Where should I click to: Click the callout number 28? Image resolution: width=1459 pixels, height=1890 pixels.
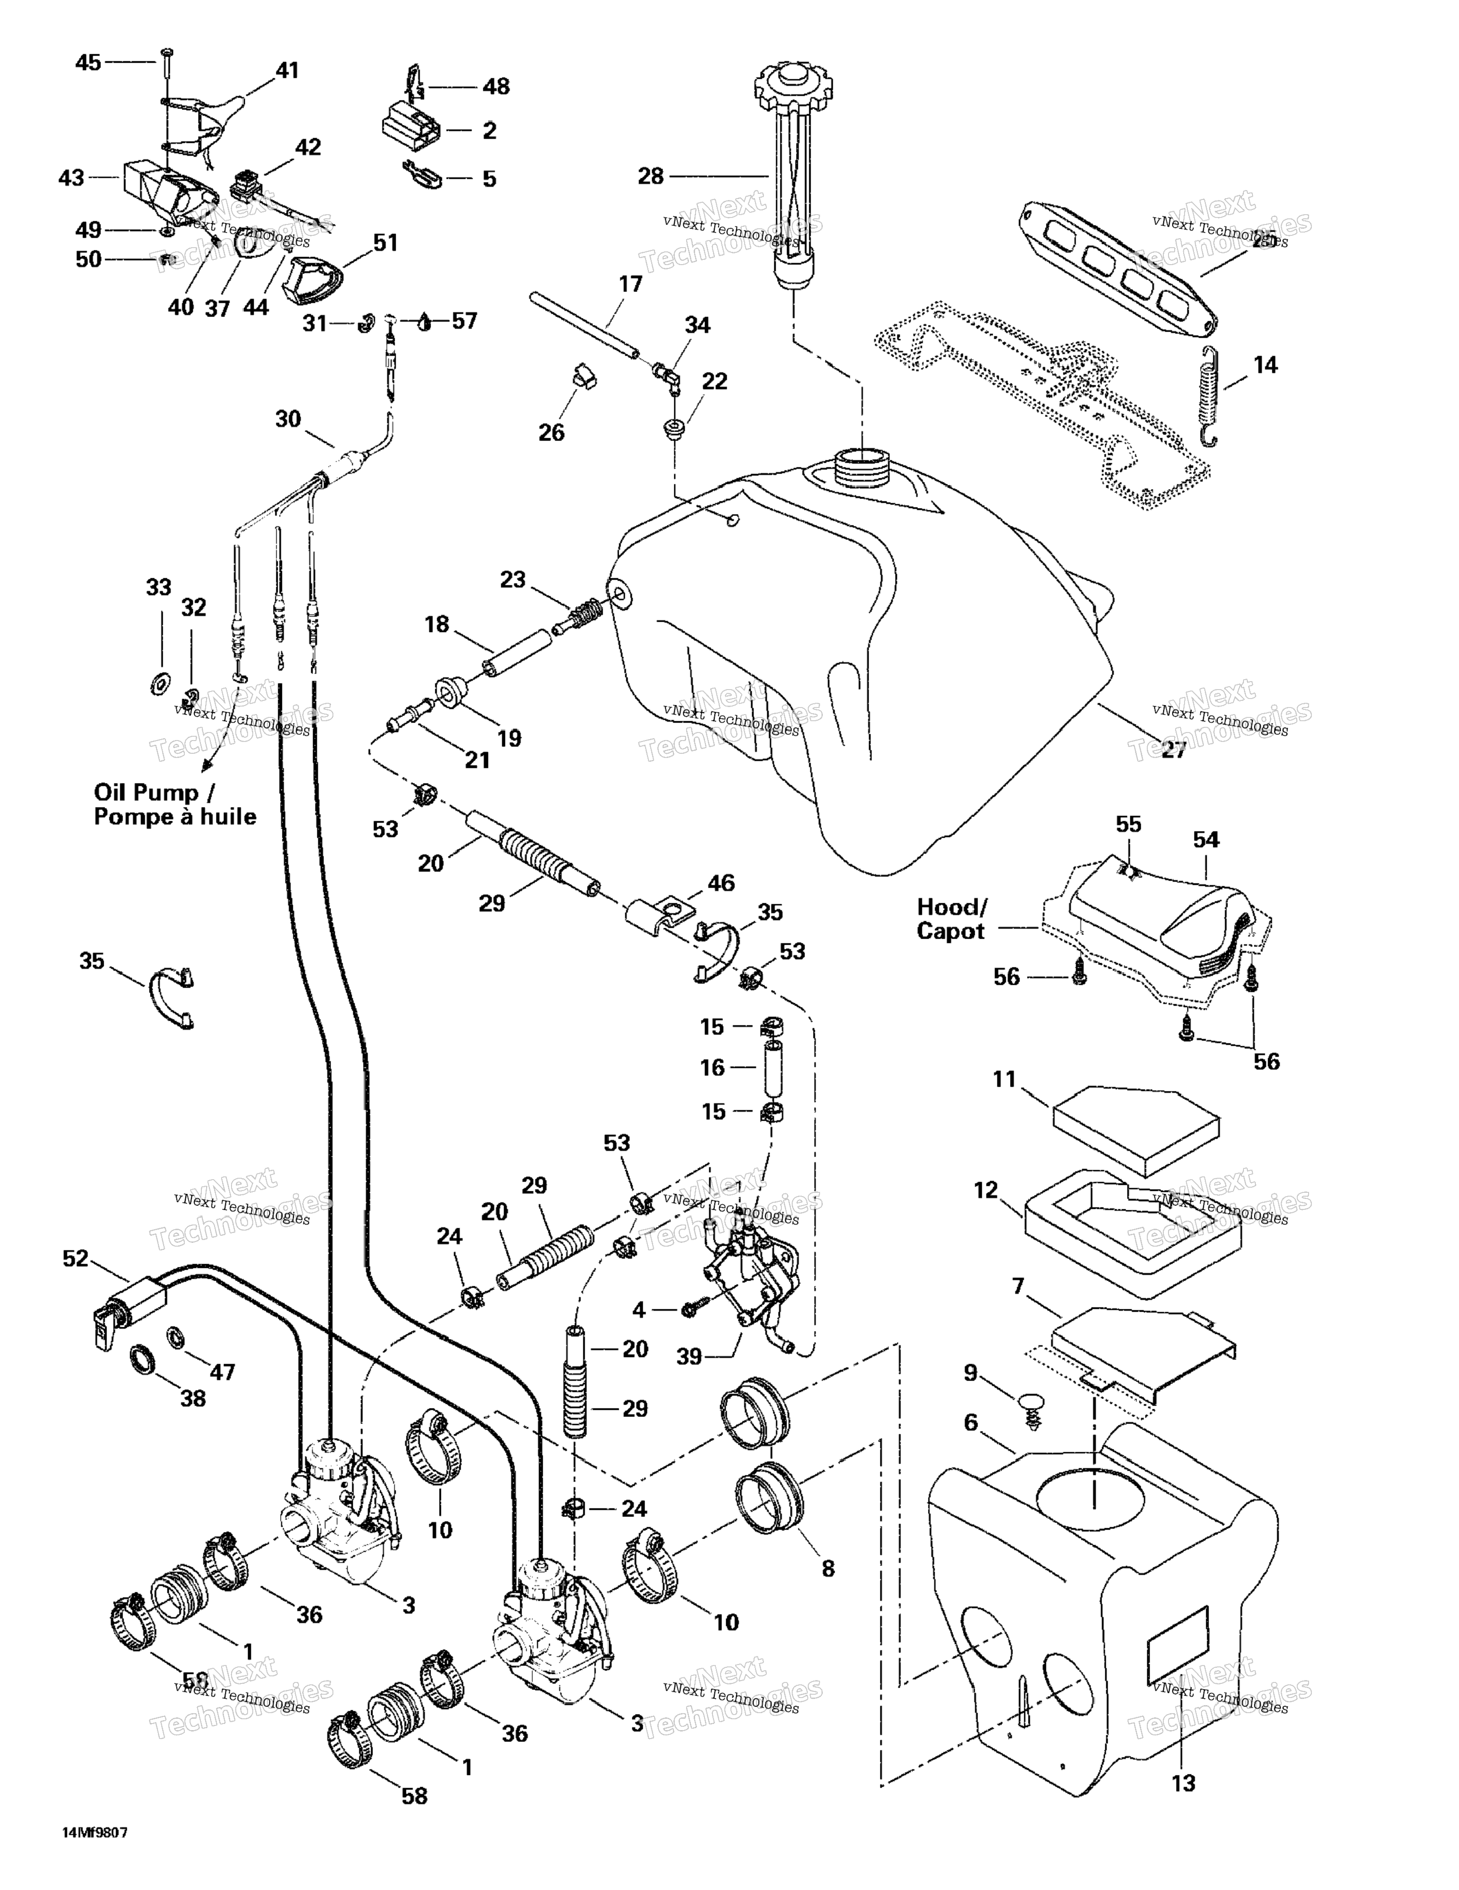pos(650,176)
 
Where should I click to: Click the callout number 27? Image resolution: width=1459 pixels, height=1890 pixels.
pos(1173,749)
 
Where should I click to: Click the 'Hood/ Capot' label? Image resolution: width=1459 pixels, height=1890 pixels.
pos(951,919)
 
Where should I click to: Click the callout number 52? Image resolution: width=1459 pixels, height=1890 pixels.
pos(75,1258)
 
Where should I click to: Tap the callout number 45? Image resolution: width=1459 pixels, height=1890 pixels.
pos(88,62)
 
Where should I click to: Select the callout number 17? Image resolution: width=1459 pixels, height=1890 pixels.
pos(630,284)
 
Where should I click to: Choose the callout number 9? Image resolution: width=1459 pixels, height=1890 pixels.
pos(970,1374)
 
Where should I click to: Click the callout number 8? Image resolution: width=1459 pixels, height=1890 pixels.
pos(827,1568)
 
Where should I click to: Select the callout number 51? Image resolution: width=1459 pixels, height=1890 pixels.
pos(385,243)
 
